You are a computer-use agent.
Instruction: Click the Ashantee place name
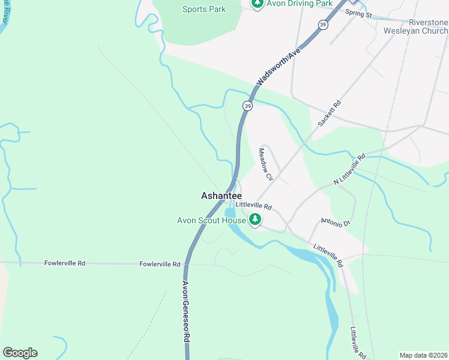(x=221, y=196)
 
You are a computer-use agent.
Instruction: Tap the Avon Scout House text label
(x=211, y=220)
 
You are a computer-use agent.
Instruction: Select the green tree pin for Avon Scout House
(x=256, y=220)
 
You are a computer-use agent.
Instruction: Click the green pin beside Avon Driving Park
(x=258, y=4)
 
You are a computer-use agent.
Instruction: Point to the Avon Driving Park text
(x=300, y=4)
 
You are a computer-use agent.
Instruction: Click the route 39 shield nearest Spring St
(x=324, y=25)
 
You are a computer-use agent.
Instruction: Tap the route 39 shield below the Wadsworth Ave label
(x=247, y=106)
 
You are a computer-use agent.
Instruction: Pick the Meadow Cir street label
(x=266, y=164)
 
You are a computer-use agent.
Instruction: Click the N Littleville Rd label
(x=349, y=170)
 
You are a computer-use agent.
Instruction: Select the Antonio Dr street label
(x=335, y=223)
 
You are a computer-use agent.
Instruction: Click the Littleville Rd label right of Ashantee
(x=254, y=206)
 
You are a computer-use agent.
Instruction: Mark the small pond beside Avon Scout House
(x=229, y=213)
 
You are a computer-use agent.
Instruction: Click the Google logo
(x=20, y=353)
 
